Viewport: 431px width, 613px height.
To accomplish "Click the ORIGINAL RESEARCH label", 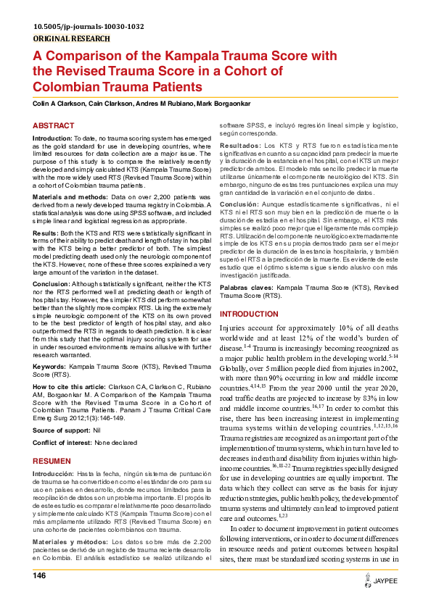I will click(72, 39).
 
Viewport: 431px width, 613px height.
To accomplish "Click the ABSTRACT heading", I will click(54, 125).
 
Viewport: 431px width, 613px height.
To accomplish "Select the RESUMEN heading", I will click(53, 462).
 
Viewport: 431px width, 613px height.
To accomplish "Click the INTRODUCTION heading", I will click(249, 314).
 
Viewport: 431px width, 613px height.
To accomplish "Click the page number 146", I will click(40, 575).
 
